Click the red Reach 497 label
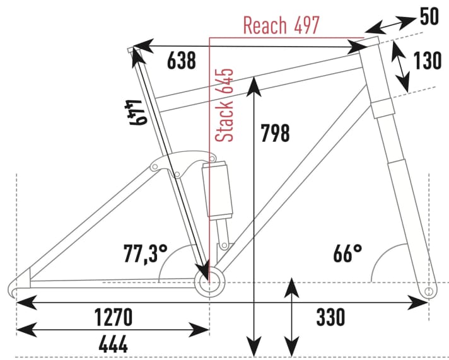281,26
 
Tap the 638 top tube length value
182,61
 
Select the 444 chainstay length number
113,344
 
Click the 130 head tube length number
428,62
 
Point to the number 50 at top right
429,16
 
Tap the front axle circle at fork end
429,292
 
